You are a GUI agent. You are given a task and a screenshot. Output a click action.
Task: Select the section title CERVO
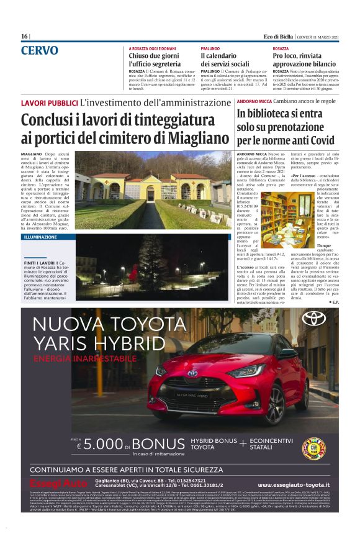coord(40,50)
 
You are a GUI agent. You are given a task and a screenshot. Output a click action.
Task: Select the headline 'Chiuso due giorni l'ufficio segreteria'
coord(155,60)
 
